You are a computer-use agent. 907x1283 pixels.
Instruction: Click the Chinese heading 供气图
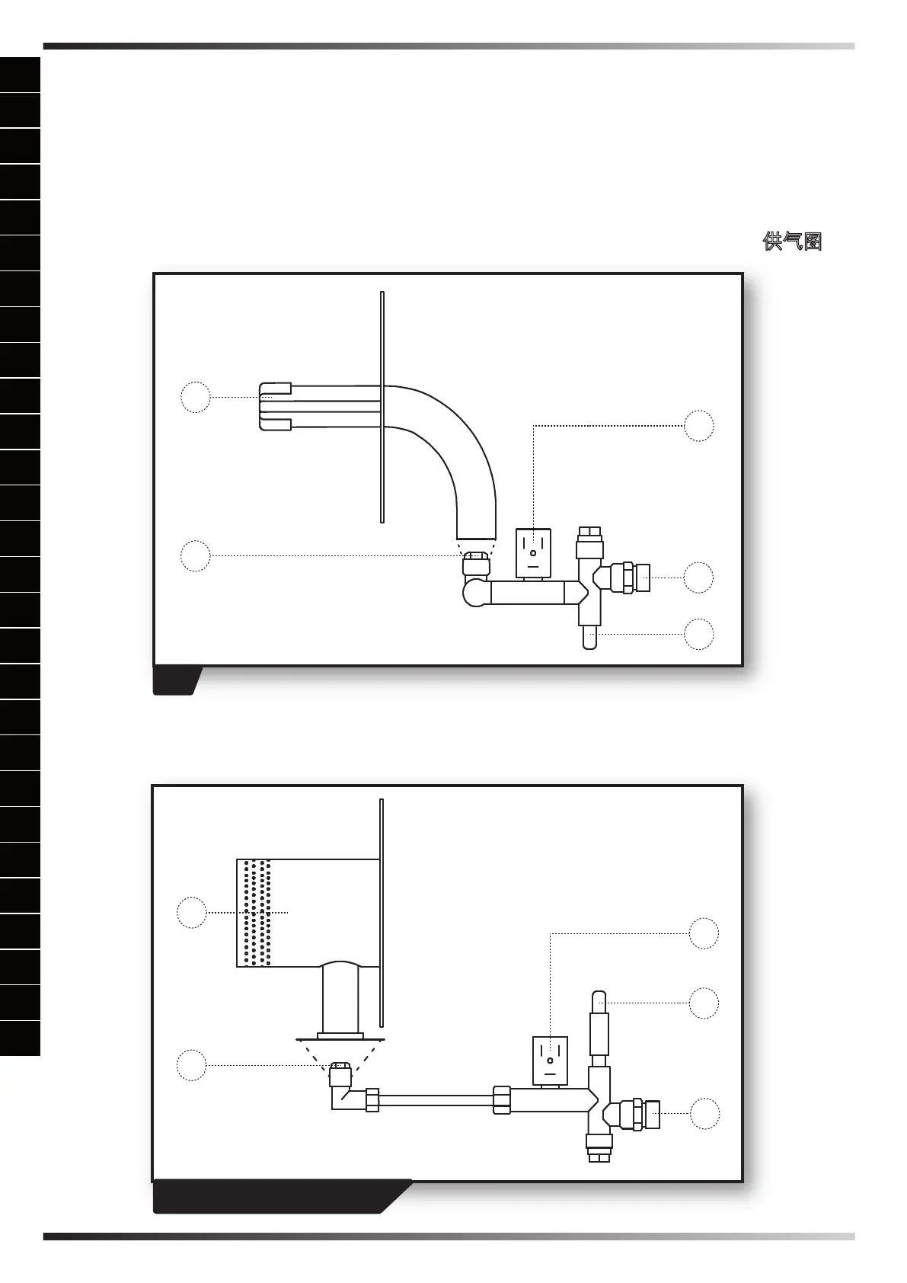click(x=792, y=242)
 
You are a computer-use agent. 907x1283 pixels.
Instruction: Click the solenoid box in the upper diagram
click(x=533, y=552)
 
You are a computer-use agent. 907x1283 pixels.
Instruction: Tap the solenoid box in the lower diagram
click(x=550, y=1060)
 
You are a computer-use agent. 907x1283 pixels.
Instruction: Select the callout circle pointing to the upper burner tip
click(x=196, y=397)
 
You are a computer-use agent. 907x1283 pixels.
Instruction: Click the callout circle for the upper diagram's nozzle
click(x=196, y=555)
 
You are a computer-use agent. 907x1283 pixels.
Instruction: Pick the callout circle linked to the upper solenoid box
click(x=698, y=426)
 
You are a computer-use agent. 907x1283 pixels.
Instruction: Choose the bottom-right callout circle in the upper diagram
click(x=698, y=634)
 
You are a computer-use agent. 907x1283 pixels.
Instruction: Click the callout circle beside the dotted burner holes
click(x=192, y=912)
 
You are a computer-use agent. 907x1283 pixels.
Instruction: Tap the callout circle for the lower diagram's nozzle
click(x=192, y=1065)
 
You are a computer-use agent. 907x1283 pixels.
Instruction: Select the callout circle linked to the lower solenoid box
click(x=704, y=933)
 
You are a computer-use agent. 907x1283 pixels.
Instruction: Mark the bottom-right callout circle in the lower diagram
click(x=705, y=1114)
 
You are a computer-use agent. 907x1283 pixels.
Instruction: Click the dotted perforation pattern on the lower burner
click(x=255, y=912)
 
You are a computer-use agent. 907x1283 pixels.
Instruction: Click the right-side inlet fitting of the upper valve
click(x=634, y=578)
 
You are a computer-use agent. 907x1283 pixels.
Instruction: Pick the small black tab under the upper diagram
click(x=177, y=680)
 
